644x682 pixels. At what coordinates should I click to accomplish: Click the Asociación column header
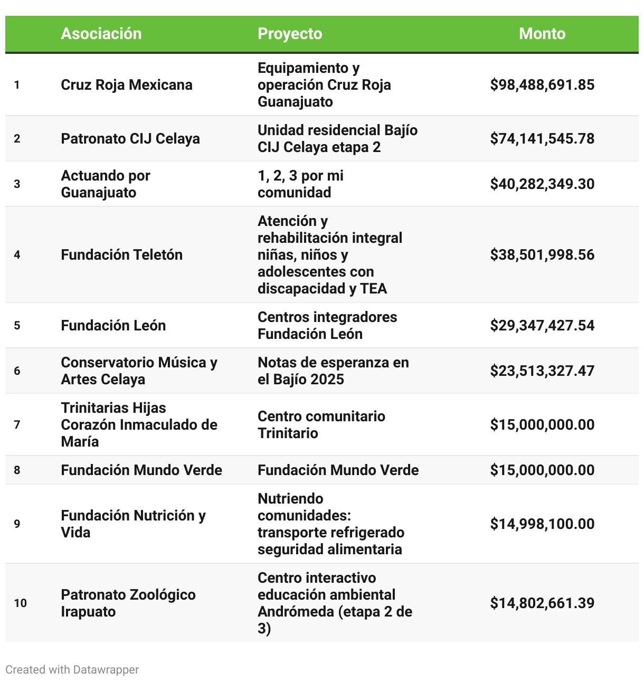click(x=101, y=34)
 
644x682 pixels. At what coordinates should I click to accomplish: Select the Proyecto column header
click(x=290, y=34)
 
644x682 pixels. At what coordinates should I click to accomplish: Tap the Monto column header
click(x=542, y=34)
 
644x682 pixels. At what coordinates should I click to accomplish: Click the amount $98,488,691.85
click(x=542, y=85)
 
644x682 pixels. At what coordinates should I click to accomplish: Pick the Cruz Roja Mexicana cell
click(x=127, y=85)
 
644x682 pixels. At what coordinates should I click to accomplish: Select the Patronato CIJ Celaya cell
click(x=130, y=139)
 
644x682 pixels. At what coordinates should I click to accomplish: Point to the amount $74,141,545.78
click(x=542, y=139)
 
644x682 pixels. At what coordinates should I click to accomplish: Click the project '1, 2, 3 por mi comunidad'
click(x=300, y=184)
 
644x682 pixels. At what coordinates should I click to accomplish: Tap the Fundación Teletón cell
click(x=122, y=255)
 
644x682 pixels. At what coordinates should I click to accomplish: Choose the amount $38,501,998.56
click(x=542, y=255)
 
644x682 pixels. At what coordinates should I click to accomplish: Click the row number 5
click(x=17, y=326)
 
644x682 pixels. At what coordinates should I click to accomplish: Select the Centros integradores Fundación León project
click(x=327, y=326)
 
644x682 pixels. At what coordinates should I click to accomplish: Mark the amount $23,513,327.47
click(x=542, y=371)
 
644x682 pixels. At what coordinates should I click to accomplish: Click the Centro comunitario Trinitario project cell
click(x=321, y=425)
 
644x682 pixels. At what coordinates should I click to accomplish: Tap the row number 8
click(x=17, y=470)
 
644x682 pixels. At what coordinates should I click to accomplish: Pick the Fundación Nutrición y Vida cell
click(x=133, y=524)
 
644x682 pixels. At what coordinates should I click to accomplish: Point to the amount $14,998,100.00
click(x=542, y=524)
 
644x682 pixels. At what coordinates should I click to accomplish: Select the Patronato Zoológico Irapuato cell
click(x=128, y=603)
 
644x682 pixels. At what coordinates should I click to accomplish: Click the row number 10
click(x=21, y=603)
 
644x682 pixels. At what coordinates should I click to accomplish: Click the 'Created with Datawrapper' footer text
click(x=72, y=670)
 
